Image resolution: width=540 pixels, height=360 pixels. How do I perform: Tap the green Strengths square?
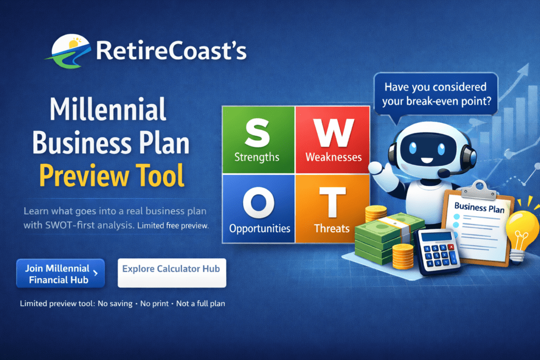click(x=258, y=140)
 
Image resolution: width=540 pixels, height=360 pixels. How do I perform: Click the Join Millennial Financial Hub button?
click(x=60, y=274)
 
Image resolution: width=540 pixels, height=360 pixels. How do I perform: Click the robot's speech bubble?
click(x=436, y=93)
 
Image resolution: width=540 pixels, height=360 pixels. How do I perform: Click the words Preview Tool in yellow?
click(x=112, y=176)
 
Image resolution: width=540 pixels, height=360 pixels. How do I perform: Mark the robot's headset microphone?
click(x=445, y=173)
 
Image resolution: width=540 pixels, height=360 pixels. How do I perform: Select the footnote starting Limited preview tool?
click(x=122, y=304)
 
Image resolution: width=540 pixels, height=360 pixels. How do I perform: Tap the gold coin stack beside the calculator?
click(x=401, y=255)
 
